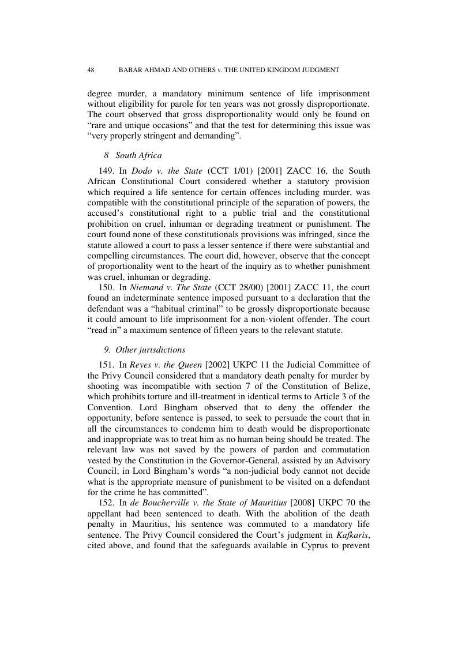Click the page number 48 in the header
(91, 70)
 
